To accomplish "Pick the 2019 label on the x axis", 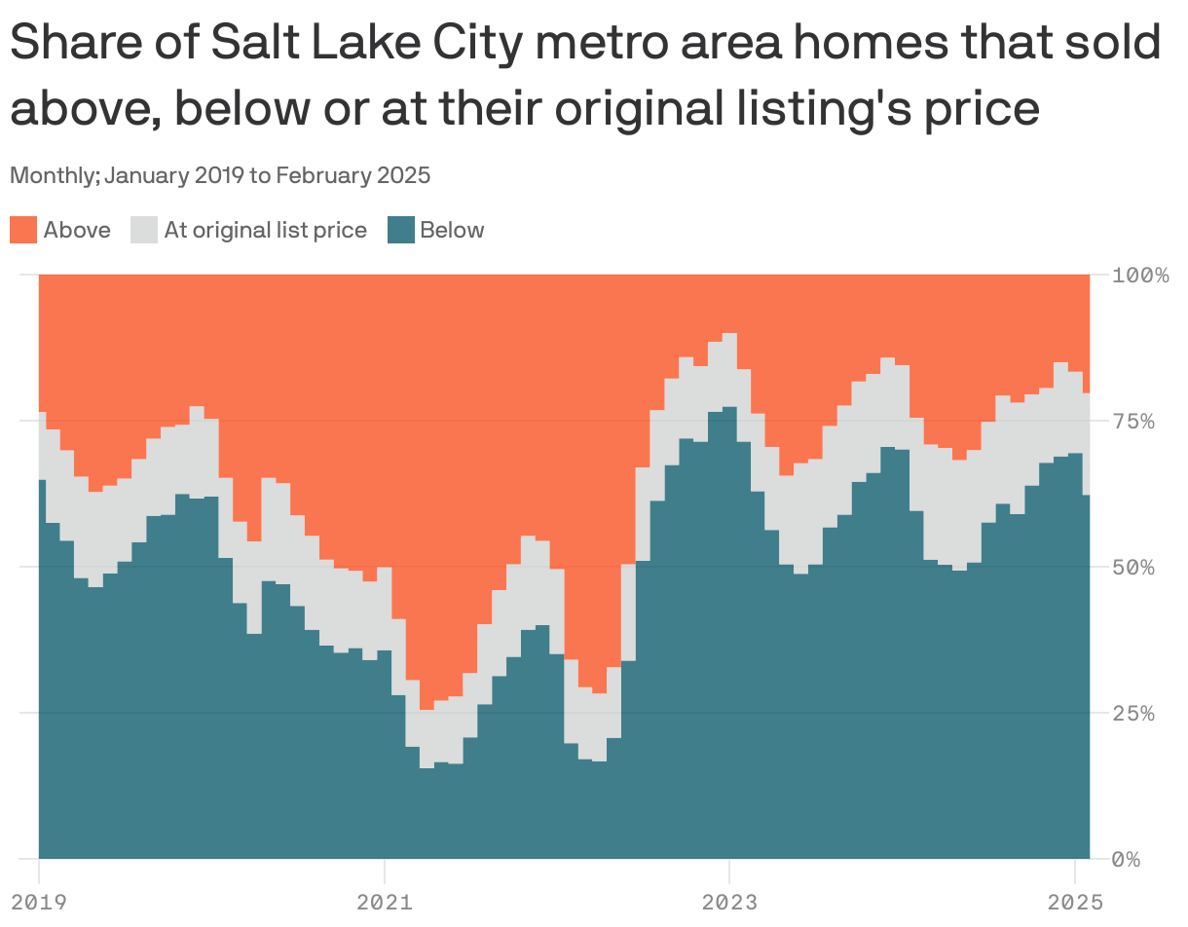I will point(38,903).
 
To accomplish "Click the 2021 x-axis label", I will point(384,903).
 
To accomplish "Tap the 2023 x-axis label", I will point(728,903).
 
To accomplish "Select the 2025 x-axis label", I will point(1074,903).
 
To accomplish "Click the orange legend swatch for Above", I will point(23,231).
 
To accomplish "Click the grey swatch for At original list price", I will point(144,231).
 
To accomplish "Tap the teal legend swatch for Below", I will point(400,231).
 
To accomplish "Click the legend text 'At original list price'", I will point(265,231).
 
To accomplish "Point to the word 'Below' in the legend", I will point(452,231).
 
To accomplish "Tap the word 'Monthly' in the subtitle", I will point(52,176).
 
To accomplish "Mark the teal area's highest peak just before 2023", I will point(729,409).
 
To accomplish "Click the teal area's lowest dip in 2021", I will point(427,769).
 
